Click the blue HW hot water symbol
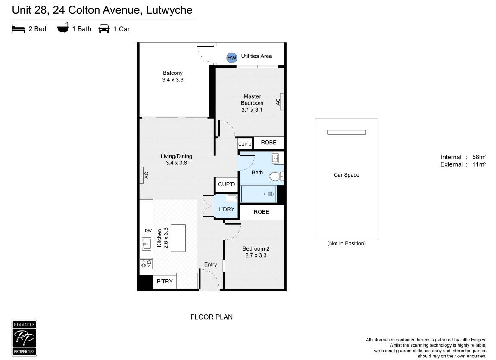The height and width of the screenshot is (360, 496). coord(231,58)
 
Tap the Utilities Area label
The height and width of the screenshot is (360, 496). coord(256,56)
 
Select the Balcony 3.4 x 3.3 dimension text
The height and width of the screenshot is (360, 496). coord(173,80)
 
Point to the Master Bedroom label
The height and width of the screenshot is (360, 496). coord(252,99)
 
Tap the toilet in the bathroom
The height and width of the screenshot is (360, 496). coord(276,176)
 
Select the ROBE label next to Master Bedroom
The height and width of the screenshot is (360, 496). coord(268,143)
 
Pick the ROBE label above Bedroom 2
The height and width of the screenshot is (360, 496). coord(261,212)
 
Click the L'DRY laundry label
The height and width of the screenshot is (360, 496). coord(227,209)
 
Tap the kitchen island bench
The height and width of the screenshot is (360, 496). coord(178,238)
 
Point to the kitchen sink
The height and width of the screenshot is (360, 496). coord(146,244)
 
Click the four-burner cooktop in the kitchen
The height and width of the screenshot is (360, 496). coord(146,263)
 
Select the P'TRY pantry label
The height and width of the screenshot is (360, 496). coord(165,281)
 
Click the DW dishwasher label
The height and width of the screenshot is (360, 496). coord(148,231)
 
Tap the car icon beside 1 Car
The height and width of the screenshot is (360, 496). coord(104,29)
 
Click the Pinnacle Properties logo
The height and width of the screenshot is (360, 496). coord(25,338)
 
